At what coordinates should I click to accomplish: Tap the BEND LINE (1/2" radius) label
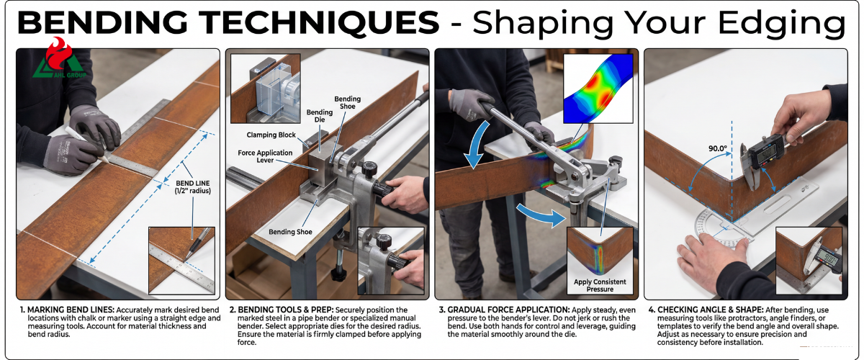193,187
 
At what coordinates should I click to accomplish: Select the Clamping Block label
271,135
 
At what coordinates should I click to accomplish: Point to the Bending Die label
320,116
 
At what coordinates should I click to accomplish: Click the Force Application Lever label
265,156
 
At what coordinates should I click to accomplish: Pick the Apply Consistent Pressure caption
600,286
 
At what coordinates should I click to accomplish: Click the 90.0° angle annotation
717,148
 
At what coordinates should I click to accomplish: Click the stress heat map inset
598,89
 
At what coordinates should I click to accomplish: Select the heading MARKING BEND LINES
71,310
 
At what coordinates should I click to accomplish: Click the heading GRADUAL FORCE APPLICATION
508,310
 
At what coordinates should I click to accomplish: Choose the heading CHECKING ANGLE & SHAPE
710,310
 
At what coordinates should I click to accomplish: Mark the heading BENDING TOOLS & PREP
285,310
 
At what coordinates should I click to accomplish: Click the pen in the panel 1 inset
198,243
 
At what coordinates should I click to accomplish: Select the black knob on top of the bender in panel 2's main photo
369,168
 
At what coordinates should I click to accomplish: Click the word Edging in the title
782,24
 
